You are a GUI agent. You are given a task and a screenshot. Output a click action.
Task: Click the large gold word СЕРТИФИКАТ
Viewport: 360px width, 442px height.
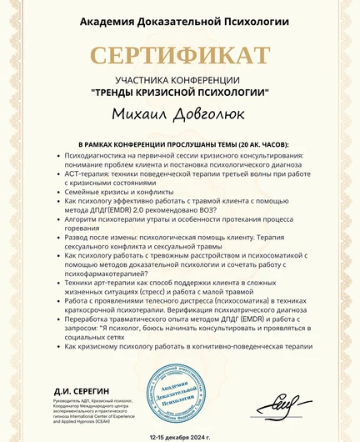[180, 57]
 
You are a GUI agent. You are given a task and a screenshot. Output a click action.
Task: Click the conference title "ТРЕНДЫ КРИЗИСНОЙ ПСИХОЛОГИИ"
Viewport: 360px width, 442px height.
[180, 92]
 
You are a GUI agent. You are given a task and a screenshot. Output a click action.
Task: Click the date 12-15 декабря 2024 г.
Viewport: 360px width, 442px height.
[180, 436]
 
